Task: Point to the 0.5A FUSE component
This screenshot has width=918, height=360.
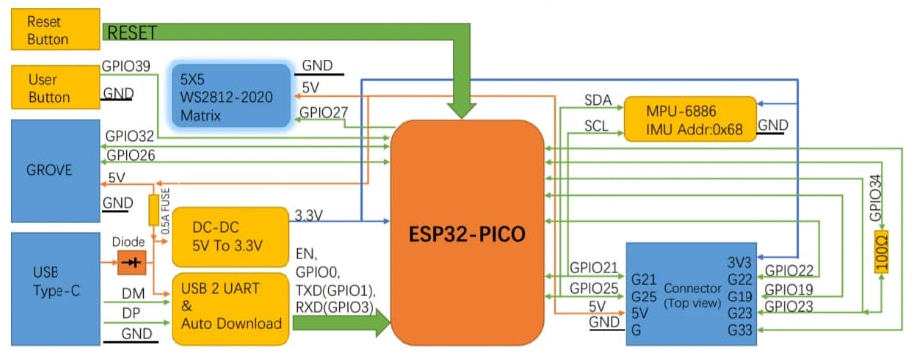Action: [155, 210]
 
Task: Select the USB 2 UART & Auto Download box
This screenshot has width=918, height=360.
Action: [227, 306]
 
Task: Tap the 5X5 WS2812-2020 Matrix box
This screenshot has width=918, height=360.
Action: [230, 96]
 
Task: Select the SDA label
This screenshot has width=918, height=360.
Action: [598, 101]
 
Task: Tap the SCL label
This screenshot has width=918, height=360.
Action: [597, 127]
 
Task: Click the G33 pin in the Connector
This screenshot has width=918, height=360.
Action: [738, 329]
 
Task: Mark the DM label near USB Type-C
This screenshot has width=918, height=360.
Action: [132, 294]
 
